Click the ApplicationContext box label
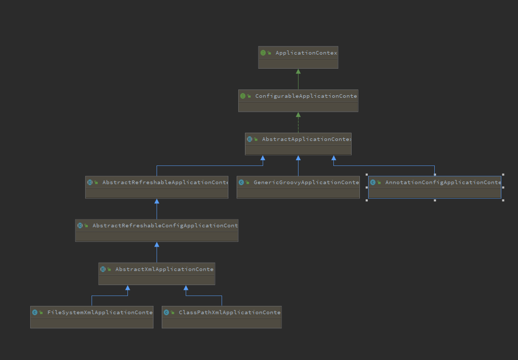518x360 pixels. point(306,53)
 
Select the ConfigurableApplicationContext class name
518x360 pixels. point(306,96)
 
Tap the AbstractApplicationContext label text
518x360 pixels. point(306,139)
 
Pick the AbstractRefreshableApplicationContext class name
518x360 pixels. point(165,183)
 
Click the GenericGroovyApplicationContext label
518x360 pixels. point(306,183)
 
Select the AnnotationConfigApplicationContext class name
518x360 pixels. point(443,183)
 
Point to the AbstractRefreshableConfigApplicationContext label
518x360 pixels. point(165,226)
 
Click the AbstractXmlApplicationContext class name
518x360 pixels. point(164,269)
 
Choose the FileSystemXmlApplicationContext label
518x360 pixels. point(100,313)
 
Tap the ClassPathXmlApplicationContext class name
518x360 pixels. point(229,313)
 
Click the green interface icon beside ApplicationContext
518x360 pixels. point(263,53)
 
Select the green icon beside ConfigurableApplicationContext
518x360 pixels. point(243,96)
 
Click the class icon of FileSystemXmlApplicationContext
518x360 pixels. point(35,313)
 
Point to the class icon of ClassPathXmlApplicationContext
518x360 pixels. point(166,313)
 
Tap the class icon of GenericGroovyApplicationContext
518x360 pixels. point(241,183)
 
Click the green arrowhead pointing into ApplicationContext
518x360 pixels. point(298,71)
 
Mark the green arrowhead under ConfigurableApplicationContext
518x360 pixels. point(298,114)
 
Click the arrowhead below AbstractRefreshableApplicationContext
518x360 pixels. point(157,201)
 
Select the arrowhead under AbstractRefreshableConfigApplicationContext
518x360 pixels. point(157,245)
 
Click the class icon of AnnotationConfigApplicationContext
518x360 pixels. point(373,183)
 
